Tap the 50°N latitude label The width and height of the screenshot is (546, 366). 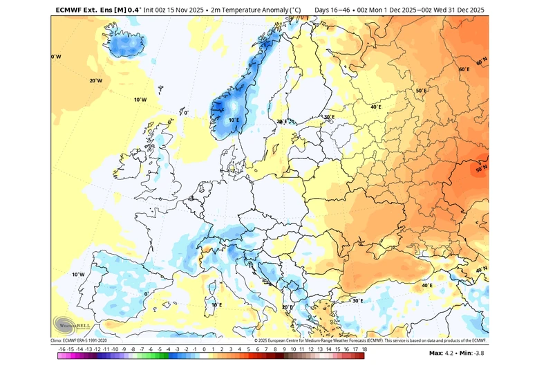click(482, 168)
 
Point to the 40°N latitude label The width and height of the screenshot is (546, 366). click(482, 270)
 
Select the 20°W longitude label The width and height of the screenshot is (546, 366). click(96, 80)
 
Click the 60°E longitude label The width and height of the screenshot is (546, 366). click(464, 70)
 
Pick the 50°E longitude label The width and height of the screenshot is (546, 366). click(422, 91)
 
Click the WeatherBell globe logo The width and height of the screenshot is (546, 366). click(67, 324)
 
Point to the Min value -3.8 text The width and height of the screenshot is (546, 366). click(473, 353)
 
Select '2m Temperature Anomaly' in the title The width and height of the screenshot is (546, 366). click(242, 10)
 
